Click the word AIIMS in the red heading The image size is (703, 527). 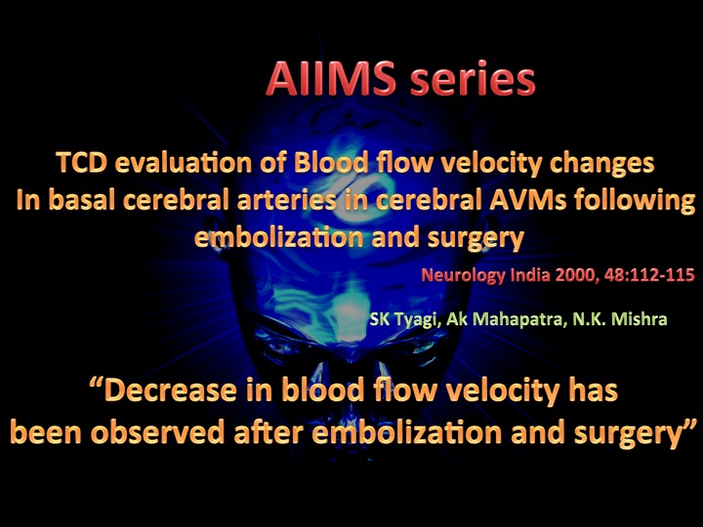pos(331,78)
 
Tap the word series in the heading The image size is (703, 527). pos(473,80)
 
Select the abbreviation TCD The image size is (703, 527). pos(82,162)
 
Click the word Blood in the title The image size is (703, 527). pos(331,162)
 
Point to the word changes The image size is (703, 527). pos(601,164)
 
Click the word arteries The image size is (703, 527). pos(286,200)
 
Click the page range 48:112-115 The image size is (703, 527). pos(649,274)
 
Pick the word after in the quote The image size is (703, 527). pos(269,432)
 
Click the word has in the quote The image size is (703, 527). pos(594,389)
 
